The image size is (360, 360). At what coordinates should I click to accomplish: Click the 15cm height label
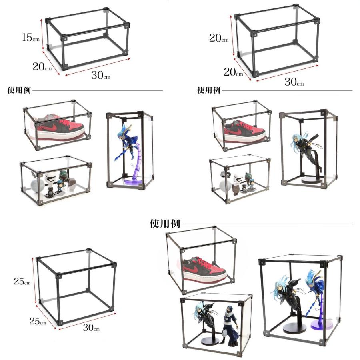click(x=31, y=38)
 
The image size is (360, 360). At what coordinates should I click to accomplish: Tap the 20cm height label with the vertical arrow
click(x=219, y=38)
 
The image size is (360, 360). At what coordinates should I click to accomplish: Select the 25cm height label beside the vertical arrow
click(x=22, y=281)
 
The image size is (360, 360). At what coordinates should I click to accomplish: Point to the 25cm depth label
click(x=38, y=321)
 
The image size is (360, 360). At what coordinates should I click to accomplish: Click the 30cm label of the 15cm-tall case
click(x=101, y=75)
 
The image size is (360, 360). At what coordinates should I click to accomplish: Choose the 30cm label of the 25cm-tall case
click(x=91, y=327)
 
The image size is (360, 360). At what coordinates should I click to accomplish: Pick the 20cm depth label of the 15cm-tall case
click(x=42, y=67)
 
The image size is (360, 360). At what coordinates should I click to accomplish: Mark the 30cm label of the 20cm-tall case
click(x=294, y=82)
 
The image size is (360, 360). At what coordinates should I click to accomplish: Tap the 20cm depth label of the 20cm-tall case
click(x=233, y=72)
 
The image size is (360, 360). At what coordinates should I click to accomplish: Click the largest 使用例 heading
click(x=165, y=223)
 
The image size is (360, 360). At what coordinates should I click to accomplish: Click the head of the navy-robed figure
click(x=229, y=309)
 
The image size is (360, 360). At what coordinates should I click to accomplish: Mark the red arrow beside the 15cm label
click(x=42, y=34)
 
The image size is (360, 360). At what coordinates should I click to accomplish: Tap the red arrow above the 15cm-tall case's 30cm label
click(x=98, y=67)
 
